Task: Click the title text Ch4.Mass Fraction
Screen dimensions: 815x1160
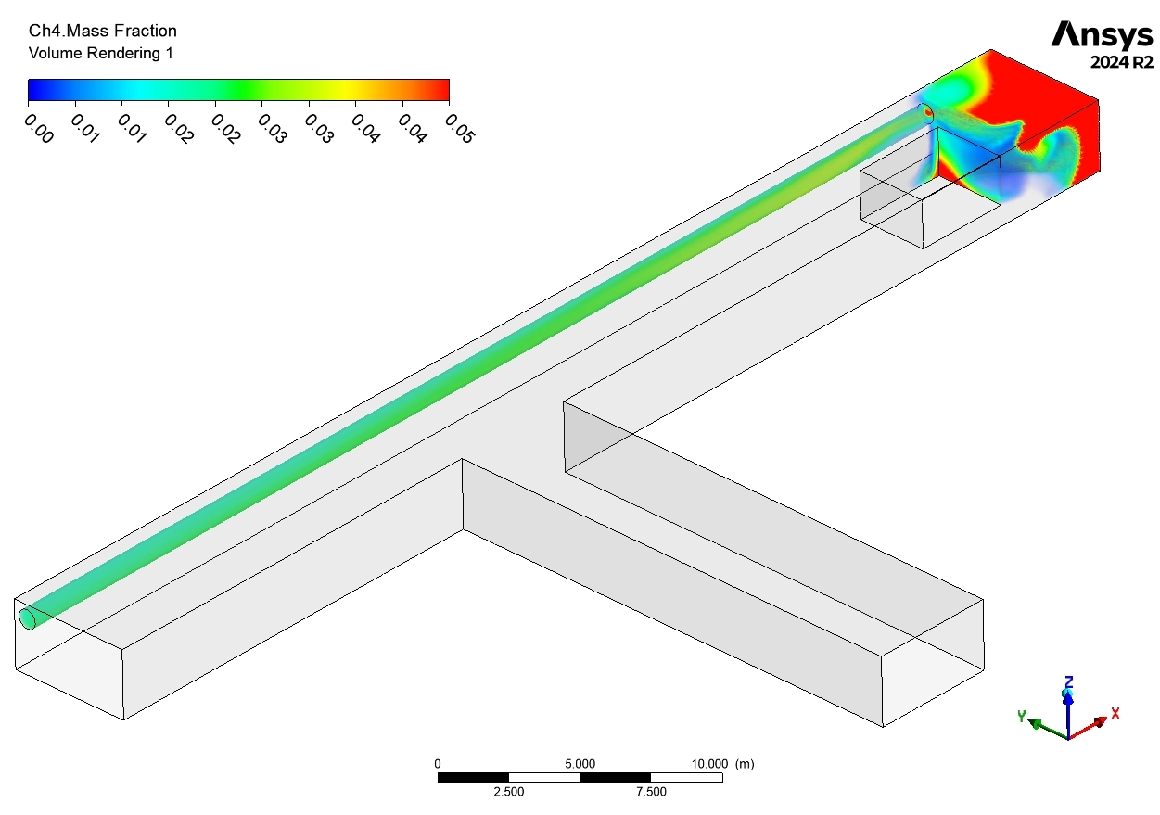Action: point(102,32)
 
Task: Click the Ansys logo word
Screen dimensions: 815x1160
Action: point(1103,35)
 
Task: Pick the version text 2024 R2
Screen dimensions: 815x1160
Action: point(1121,63)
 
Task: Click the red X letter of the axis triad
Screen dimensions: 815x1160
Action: point(1115,713)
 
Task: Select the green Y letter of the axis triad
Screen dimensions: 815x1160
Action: point(1021,716)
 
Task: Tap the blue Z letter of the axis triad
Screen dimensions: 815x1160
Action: point(1069,682)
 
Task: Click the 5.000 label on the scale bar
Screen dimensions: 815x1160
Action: point(580,764)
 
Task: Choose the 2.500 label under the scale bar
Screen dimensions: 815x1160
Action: point(508,792)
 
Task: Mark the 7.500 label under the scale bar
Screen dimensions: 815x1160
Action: point(650,792)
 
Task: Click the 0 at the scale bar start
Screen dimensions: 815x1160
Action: point(438,764)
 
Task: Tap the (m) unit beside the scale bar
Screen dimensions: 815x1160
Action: point(745,764)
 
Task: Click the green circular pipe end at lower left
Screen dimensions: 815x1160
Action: point(28,618)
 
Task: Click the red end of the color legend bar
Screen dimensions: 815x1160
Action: point(441,89)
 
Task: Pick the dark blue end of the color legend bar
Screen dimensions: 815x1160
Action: point(35,89)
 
